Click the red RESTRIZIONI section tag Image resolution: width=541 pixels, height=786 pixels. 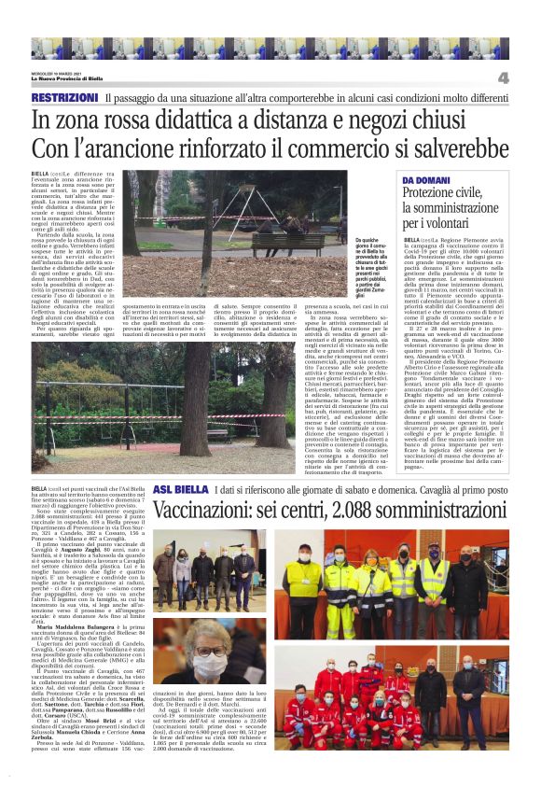63,98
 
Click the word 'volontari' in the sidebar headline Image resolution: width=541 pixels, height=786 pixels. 448,224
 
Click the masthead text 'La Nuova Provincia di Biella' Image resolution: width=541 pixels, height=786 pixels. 71,78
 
